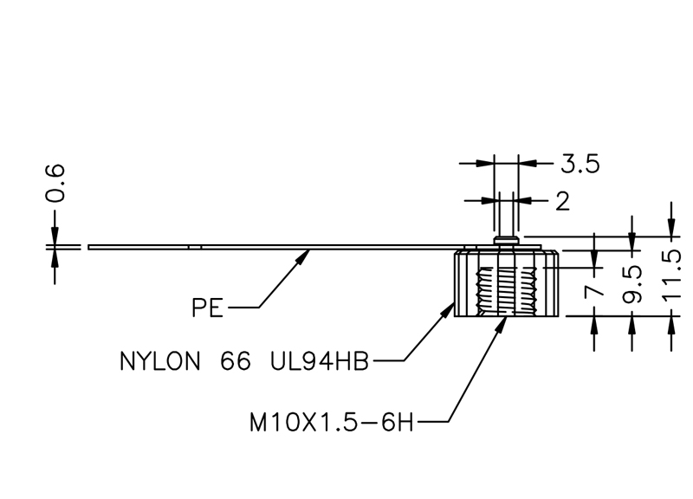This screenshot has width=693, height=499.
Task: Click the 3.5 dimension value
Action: click(x=580, y=163)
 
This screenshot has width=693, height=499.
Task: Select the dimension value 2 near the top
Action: click(x=562, y=201)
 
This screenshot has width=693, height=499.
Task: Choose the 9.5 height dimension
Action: click(x=632, y=284)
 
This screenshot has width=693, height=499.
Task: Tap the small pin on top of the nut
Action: click(x=508, y=237)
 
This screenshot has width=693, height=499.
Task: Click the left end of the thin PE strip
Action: click(x=90, y=247)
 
